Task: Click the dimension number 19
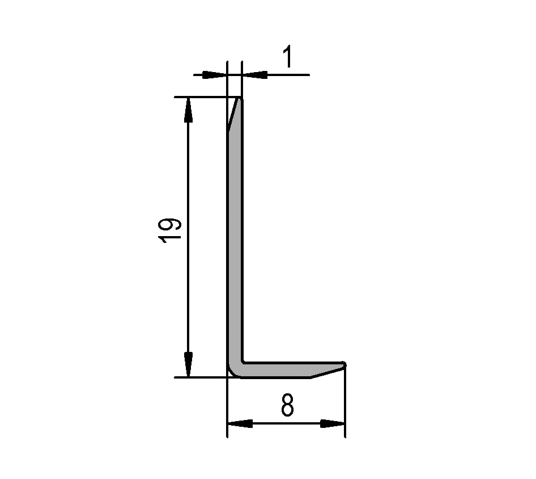pyautogui.click(x=170, y=230)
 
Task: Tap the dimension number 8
pyautogui.click(x=287, y=405)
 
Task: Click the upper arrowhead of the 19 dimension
pyautogui.click(x=188, y=110)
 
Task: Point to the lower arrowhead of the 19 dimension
pyautogui.click(x=188, y=365)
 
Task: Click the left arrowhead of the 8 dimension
pyautogui.click(x=240, y=424)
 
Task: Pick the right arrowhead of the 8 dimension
pyautogui.click(x=332, y=424)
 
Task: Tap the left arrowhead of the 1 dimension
pyautogui.click(x=215, y=75)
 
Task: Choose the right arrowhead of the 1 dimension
pyautogui.click(x=255, y=75)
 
